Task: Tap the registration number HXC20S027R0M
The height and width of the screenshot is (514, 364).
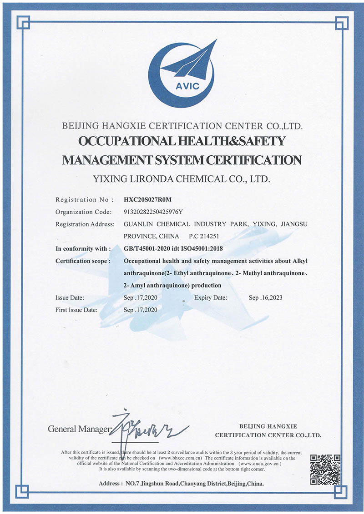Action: click(148, 199)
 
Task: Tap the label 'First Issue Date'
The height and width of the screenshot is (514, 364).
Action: click(76, 310)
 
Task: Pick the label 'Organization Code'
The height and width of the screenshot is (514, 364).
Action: click(83, 212)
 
